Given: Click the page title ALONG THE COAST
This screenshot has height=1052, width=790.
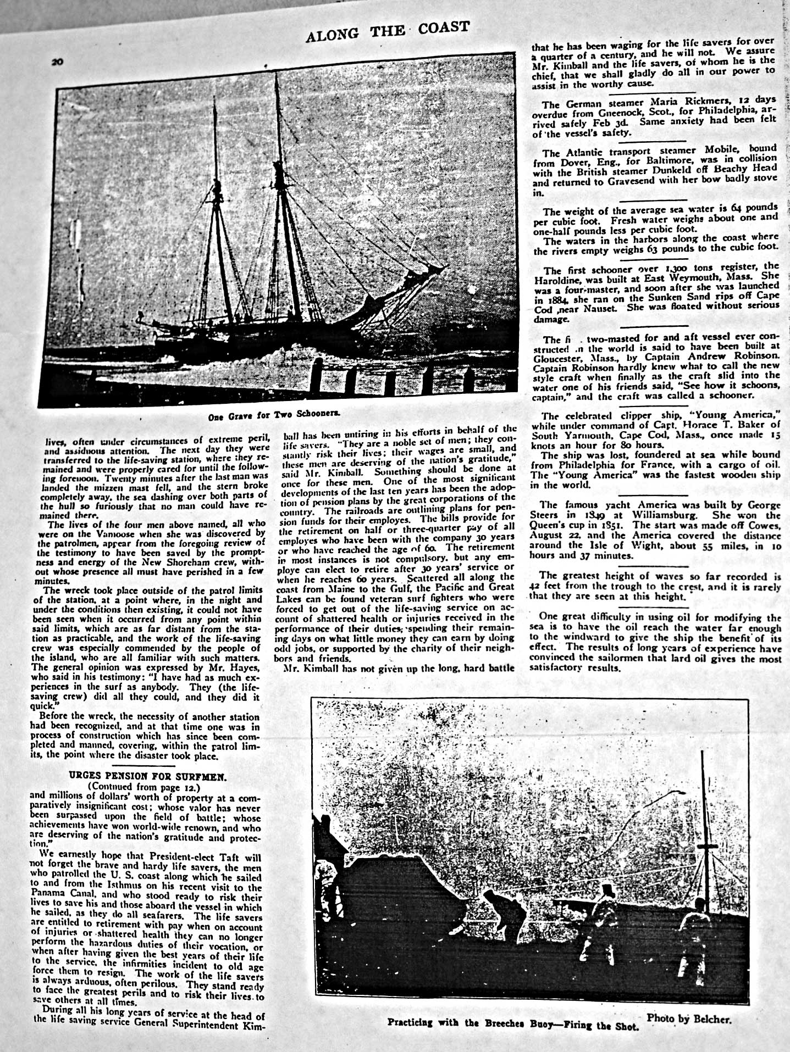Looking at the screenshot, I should pos(388,31).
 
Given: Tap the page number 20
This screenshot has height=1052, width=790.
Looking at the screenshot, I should pos(57,62).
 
